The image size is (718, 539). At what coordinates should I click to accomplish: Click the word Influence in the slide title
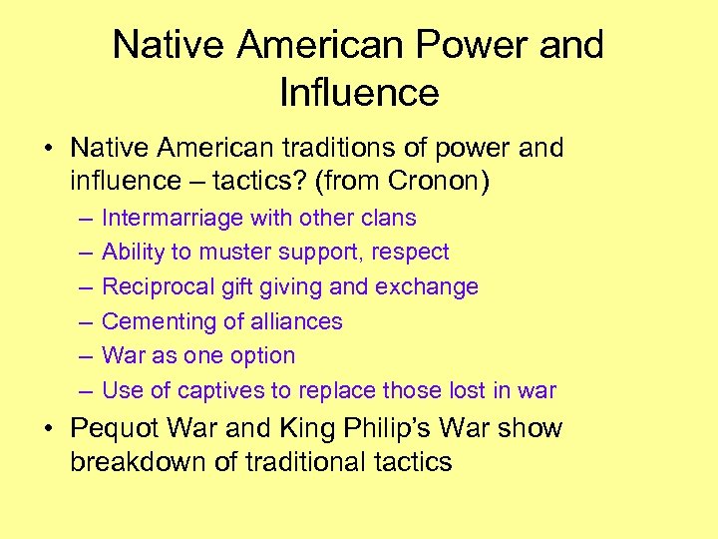tap(359, 92)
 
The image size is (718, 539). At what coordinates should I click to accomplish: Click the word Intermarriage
tap(174, 218)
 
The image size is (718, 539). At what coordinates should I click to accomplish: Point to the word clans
tap(387, 218)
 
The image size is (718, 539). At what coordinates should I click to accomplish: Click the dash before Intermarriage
tap(79, 218)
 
